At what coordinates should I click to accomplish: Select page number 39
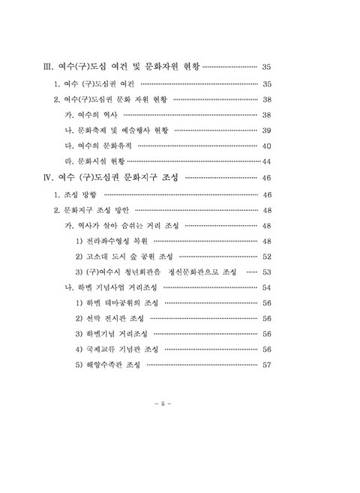(x=266, y=130)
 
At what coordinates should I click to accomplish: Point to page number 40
(x=266, y=146)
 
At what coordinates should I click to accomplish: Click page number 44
(x=265, y=161)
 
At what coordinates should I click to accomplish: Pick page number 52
(x=266, y=256)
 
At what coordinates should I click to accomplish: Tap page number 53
(x=266, y=272)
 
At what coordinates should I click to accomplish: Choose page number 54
(x=266, y=287)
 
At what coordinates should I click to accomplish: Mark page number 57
(x=266, y=365)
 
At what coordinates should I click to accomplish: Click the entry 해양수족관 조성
(x=110, y=365)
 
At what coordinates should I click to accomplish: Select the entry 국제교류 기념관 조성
(x=117, y=350)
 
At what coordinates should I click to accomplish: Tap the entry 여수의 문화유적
(x=96, y=146)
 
